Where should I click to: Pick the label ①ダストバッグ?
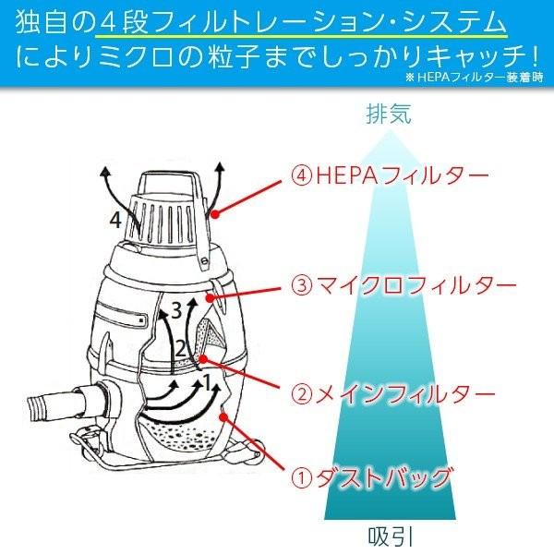pyautogui.click(x=375, y=477)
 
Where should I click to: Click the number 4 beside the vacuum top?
pyautogui.click(x=114, y=220)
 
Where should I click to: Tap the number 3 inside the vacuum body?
pyautogui.click(x=176, y=311)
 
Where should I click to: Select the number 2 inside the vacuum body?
pyautogui.click(x=182, y=349)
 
